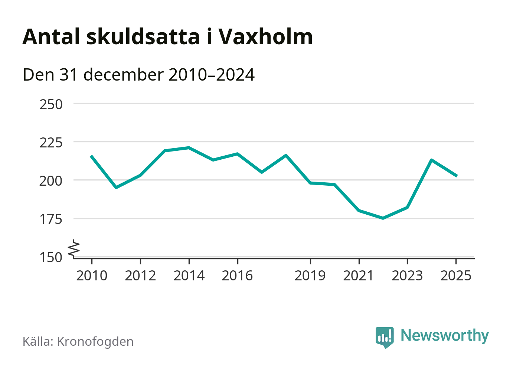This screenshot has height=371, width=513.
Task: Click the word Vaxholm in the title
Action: point(265,37)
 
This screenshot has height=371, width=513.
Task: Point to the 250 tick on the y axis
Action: point(51,104)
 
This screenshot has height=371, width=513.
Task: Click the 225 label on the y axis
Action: point(51,143)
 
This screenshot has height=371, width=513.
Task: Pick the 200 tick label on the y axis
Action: point(51,181)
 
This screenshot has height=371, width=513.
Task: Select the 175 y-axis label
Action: point(51,219)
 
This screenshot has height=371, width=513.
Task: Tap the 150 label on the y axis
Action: point(51,257)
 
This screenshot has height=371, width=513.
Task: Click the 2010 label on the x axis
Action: point(92,276)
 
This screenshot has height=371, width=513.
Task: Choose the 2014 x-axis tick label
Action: point(189,276)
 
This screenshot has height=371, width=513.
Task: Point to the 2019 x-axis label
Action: point(310,276)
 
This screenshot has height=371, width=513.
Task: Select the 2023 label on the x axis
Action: point(407,276)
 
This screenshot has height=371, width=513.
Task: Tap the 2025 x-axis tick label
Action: point(456,276)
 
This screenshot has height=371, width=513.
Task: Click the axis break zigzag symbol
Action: point(75,248)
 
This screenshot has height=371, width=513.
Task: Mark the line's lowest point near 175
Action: point(383,218)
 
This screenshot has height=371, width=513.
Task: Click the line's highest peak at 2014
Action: point(189,148)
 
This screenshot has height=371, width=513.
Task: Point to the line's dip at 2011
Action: point(116,188)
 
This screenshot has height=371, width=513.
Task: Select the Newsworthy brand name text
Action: point(444,336)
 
